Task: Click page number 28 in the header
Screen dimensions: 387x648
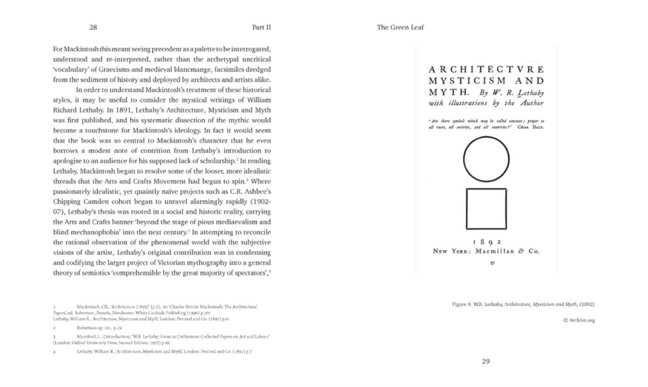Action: pyautogui.click(x=93, y=27)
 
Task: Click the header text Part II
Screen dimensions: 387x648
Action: pyautogui.click(x=261, y=27)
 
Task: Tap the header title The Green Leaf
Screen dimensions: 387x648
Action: pyautogui.click(x=400, y=27)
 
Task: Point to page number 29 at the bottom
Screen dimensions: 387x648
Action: pyautogui.click(x=485, y=362)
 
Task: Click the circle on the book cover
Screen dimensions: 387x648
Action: pyautogui.click(x=486, y=159)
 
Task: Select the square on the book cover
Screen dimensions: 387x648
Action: pyautogui.click(x=486, y=209)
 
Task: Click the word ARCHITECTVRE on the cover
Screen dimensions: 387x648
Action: pyautogui.click(x=486, y=70)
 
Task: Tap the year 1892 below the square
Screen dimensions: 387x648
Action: pyautogui.click(x=487, y=242)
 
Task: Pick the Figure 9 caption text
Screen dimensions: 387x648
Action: pyautogui.click(x=523, y=304)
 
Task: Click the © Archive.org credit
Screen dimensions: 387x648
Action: pyautogui.click(x=578, y=320)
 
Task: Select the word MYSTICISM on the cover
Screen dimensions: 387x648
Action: pyautogui.click(x=464, y=81)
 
